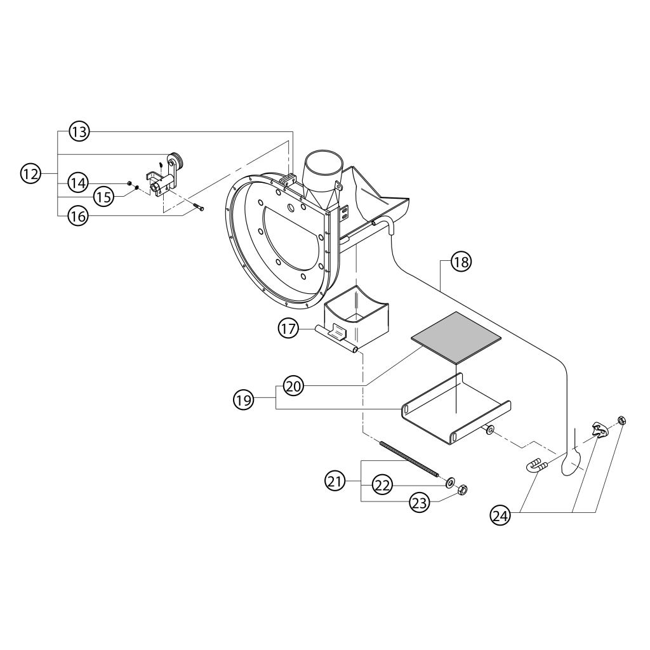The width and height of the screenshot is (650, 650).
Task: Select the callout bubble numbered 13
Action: point(80,133)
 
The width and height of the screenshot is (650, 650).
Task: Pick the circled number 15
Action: point(104,196)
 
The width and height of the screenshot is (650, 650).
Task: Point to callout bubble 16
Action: point(78,216)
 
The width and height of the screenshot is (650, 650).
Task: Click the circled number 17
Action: point(289,329)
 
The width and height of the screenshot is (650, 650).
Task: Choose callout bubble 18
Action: point(461,262)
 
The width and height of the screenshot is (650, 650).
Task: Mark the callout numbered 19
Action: point(244,399)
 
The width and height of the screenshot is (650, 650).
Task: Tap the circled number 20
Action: point(295,386)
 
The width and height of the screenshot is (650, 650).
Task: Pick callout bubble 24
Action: point(501,515)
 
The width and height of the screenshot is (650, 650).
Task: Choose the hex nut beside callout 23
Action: point(462,491)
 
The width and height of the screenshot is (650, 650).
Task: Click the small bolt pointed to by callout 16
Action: point(199,208)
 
